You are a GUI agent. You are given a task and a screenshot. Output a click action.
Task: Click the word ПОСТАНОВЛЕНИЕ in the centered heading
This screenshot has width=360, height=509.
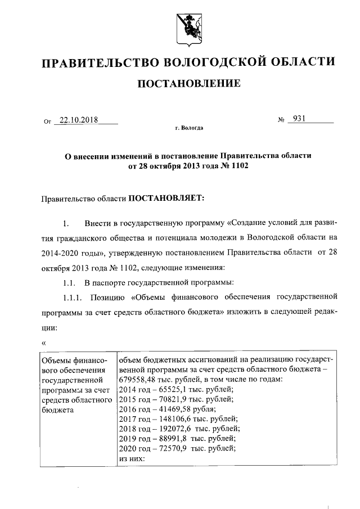189,84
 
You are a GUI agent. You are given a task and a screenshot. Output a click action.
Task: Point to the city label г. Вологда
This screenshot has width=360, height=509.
189,128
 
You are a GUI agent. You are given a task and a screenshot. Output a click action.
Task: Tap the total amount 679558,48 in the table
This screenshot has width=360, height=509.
138,379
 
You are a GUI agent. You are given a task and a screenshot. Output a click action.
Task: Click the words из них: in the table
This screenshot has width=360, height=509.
133,459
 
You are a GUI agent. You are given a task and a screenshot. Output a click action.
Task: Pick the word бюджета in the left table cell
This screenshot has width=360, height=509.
58,409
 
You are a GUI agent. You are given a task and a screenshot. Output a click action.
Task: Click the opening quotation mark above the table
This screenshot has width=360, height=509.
44,343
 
